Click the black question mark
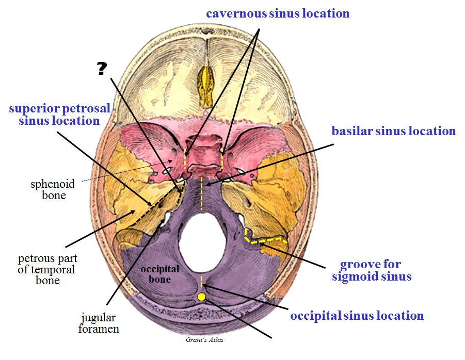click(102, 69)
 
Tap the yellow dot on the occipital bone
click(201, 297)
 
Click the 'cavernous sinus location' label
click(278, 13)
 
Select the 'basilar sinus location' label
click(393, 131)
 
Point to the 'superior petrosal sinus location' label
click(59, 114)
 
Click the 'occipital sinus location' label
click(357, 316)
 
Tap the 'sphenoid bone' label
click(54, 189)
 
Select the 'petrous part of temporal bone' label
click(46, 269)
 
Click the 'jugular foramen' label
click(99, 323)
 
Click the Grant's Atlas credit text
click(204, 340)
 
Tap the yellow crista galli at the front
click(206, 83)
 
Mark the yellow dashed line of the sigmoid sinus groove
click(266, 239)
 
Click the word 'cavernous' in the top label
click(236, 13)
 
